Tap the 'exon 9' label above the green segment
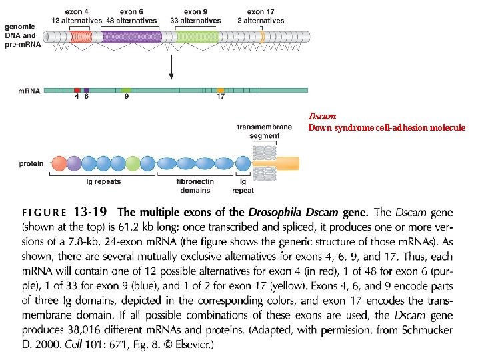[x=195, y=11]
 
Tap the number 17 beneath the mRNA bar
[x=221, y=97]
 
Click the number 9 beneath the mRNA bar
[x=126, y=97]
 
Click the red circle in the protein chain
[x=59, y=163]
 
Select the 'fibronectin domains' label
[x=195, y=185]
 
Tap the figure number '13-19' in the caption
[x=90, y=212]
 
